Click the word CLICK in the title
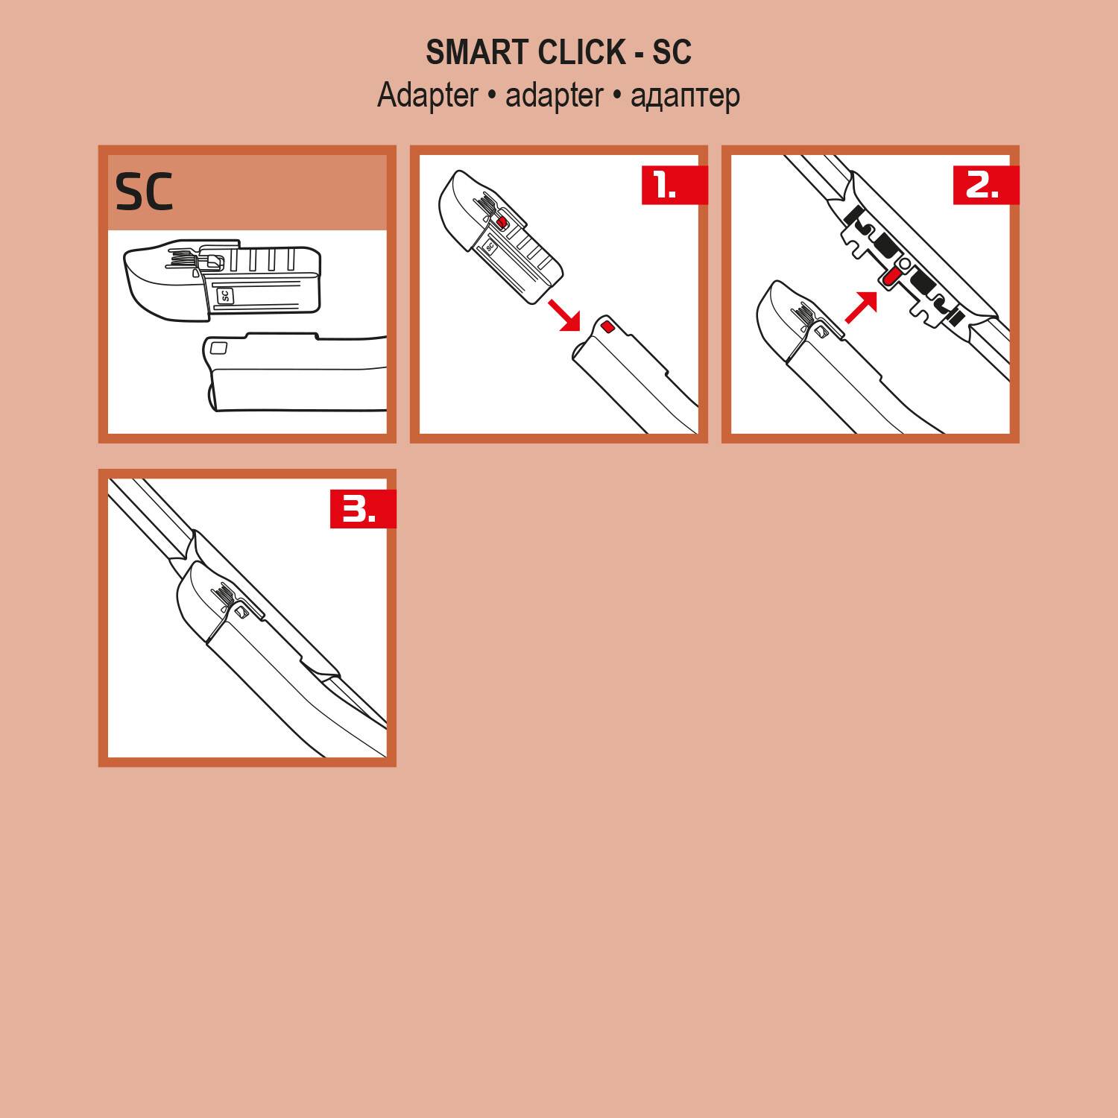[581, 53]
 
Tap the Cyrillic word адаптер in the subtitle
[685, 96]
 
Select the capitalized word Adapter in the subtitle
[428, 96]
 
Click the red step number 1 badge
[674, 185]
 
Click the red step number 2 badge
[985, 185]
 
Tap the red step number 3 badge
[362, 509]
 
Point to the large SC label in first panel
[144, 192]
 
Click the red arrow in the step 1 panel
[564, 314]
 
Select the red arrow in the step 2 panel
[862, 306]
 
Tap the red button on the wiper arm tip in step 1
[607, 325]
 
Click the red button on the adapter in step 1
[502, 221]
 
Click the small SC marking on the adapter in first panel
[225, 296]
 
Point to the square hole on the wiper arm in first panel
[218, 347]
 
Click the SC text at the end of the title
[672, 53]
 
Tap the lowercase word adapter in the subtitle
[554, 96]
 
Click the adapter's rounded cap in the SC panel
[157, 283]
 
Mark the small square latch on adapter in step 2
[821, 331]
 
